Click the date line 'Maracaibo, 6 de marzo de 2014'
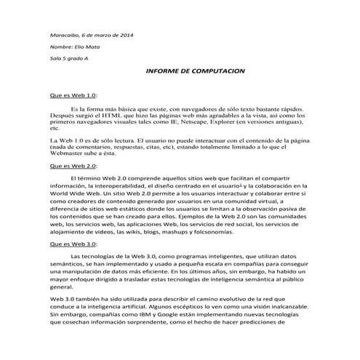point(91,36)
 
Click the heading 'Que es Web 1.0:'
point(72,95)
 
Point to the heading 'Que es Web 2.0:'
point(72,166)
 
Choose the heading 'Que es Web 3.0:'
point(72,244)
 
